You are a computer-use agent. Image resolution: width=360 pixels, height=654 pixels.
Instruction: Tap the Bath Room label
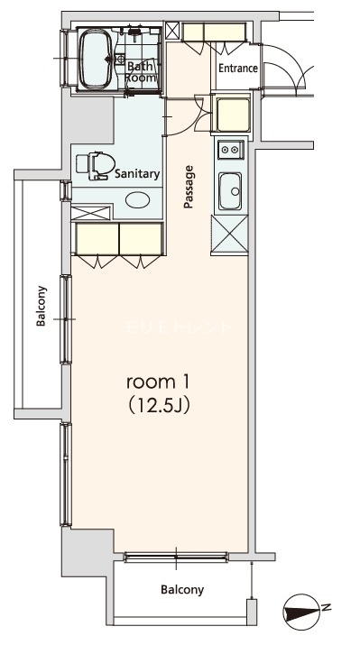(141, 72)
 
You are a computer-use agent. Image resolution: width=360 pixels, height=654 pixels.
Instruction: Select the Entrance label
(237, 69)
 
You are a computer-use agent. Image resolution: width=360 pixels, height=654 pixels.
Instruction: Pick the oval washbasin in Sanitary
(137, 200)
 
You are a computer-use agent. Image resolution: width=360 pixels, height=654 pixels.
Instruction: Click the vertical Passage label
(189, 187)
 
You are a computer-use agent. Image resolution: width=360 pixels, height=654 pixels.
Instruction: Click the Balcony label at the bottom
(181, 591)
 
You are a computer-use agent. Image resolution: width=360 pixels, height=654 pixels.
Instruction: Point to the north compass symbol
(300, 614)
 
